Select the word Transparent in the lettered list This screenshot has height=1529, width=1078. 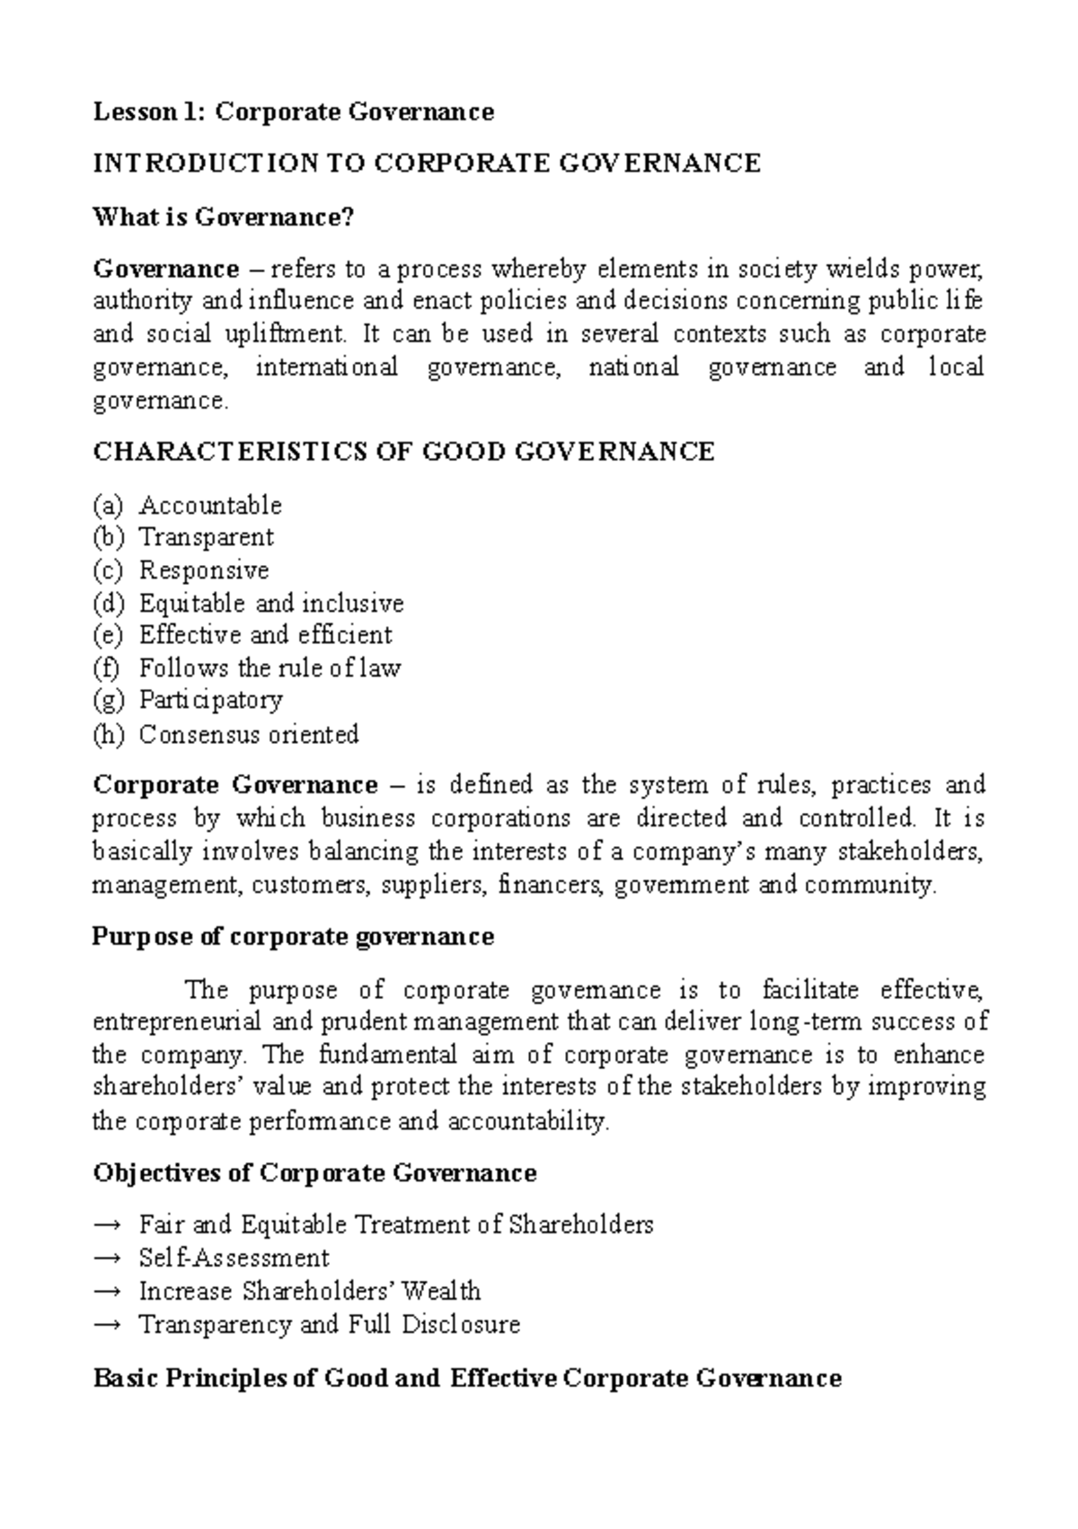tap(206, 537)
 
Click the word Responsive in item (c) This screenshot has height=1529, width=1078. tap(204, 570)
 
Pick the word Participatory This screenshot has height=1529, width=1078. tap(211, 700)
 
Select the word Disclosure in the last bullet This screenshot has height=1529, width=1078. tap(461, 1324)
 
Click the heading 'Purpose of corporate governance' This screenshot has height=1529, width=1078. tap(293, 937)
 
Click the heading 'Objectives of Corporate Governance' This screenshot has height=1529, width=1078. tap(314, 1173)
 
